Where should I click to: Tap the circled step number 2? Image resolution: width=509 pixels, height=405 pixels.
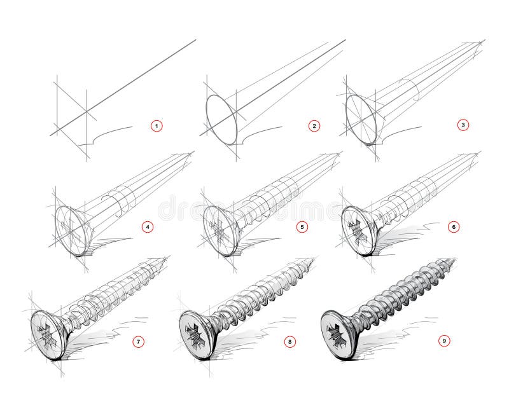313,126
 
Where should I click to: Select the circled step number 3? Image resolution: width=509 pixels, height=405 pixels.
463,125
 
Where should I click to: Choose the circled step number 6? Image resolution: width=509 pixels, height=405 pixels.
454,226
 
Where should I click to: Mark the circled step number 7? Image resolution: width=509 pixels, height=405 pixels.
137,341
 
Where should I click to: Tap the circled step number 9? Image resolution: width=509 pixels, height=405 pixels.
445,341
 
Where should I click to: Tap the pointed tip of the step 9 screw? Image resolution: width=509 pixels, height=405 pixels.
456,259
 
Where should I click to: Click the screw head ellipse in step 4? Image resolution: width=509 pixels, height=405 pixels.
70,229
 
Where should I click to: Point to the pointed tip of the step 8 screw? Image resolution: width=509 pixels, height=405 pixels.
315,259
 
